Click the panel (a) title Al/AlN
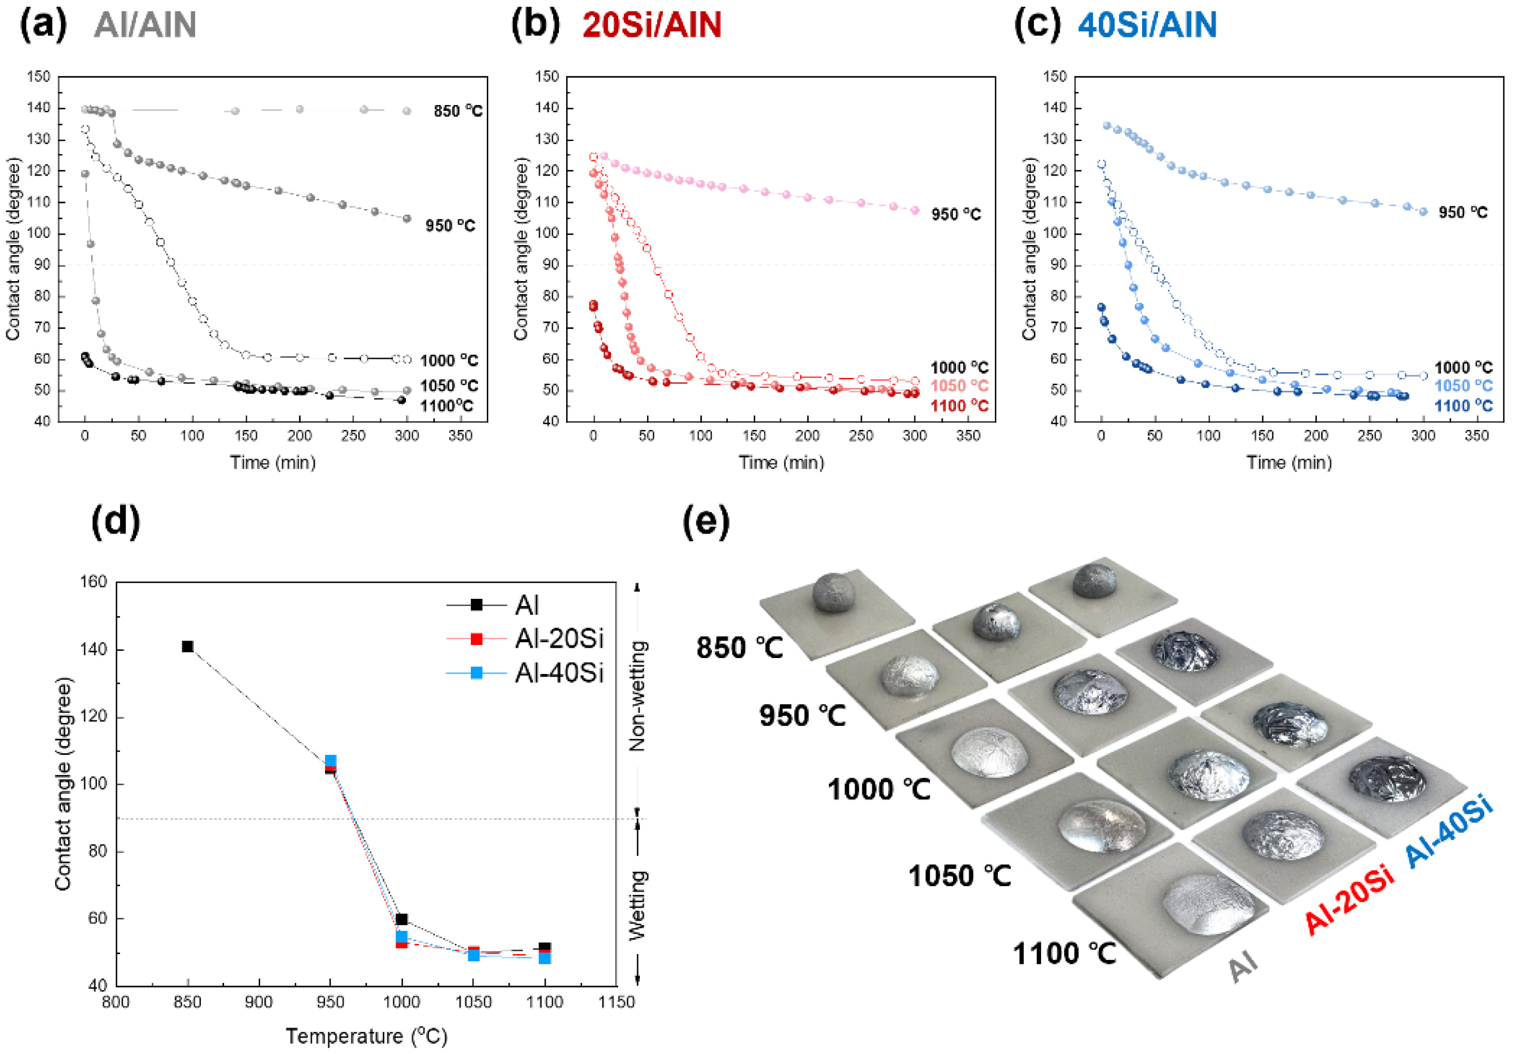(x=145, y=25)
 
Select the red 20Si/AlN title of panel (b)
(x=652, y=25)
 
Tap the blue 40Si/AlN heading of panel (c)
(x=1147, y=25)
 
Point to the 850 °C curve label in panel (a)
(x=457, y=111)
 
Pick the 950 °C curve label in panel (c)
(x=1463, y=213)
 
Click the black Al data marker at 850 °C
(x=188, y=646)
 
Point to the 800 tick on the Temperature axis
(x=116, y=1002)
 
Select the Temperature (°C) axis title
(x=366, y=1036)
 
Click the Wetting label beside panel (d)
(x=637, y=905)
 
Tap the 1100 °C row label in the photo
(x=1064, y=953)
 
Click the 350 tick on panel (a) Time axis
(x=460, y=436)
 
